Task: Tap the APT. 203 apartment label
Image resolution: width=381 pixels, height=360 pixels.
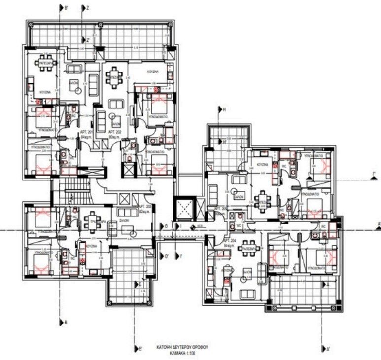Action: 145,208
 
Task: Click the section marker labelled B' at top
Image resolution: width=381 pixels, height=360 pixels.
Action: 66,8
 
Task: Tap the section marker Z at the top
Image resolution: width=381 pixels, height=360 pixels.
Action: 87,8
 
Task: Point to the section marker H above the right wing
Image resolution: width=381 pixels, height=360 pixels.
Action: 223,109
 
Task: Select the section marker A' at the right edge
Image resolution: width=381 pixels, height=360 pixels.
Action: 378,224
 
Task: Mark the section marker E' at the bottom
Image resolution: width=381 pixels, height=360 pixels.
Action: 140,349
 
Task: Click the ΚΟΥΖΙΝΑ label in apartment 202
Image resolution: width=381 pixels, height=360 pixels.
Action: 152,72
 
